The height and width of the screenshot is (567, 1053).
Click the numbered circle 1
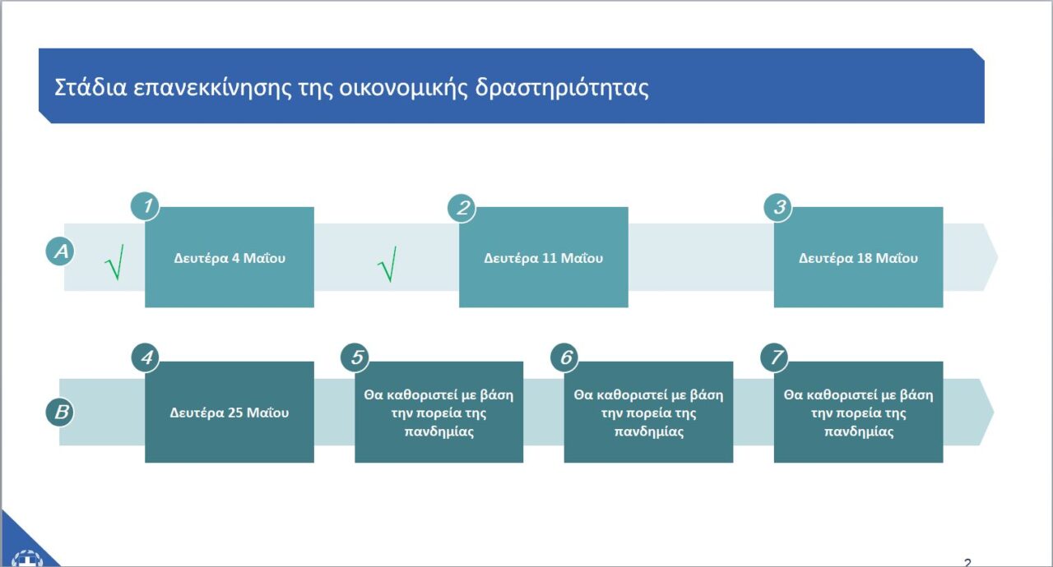click(x=145, y=206)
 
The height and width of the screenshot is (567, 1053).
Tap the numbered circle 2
click(x=462, y=208)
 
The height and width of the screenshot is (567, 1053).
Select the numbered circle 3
click(x=778, y=207)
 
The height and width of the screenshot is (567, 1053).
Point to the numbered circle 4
click(x=146, y=357)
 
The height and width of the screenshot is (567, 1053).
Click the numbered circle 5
click(x=355, y=357)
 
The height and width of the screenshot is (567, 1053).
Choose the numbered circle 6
click(x=564, y=357)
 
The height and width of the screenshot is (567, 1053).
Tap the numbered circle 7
click(x=775, y=357)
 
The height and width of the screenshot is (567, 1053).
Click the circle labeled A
click(x=60, y=251)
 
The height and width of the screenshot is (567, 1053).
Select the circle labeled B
click(x=60, y=413)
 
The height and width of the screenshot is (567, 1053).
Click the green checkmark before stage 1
click(x=114, y=262)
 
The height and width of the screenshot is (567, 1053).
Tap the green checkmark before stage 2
click(x=387, y=265)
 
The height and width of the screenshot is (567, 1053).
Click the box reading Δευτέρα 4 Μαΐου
click(x=230, y=257)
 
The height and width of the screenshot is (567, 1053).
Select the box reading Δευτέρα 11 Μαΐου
click(x=544, y=257)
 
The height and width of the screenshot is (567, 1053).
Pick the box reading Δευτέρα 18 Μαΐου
click(x=858, y=257)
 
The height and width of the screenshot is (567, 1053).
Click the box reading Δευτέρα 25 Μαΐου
click(x=230, y=413)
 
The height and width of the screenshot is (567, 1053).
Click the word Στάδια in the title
click(x=90, y=87)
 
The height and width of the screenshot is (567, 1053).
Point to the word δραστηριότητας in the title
click(x=562, y=88)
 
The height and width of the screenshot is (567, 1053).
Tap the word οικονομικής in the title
click(x=403, y=88)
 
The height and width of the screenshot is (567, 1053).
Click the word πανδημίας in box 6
click(x=649, y=431)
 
